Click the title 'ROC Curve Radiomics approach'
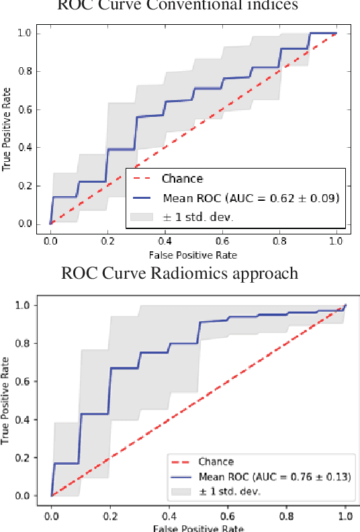point(180,273)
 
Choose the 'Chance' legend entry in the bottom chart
point(216,461)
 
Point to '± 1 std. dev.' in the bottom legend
point(229,491)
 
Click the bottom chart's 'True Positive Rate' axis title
point(7,399)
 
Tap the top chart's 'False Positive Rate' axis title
point(193,255)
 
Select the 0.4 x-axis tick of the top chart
point(165,240)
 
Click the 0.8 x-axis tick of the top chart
point(279,240)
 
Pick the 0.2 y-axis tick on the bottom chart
point(28,458)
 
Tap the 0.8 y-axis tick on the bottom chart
point(28,343)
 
